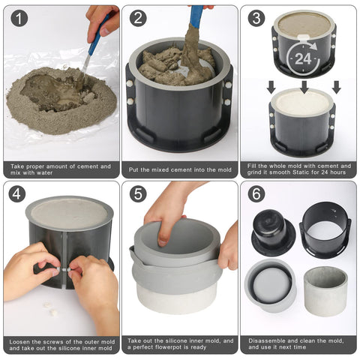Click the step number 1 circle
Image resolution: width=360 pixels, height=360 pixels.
[x=19, y=19]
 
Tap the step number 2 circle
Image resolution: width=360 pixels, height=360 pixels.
[x=138, y=18]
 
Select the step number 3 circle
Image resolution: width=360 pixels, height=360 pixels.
[x=256, y=18]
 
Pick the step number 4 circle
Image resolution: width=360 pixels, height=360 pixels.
[x=17, y=193]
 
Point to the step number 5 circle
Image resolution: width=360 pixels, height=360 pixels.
[x=138, y=193]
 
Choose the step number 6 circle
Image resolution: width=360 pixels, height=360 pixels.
[x=256, y=193]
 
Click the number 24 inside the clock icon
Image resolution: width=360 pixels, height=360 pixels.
[x=303, y=59]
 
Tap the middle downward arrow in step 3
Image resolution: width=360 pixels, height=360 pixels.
[x=304, y=87]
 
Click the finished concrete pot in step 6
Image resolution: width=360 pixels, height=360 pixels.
[x=325, y=291]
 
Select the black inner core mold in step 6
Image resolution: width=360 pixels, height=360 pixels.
[x=273, y=232]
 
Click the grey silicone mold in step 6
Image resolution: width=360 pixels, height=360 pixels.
[x=270, y=285]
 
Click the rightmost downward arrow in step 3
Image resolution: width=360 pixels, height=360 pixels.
[x=337, y=87]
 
